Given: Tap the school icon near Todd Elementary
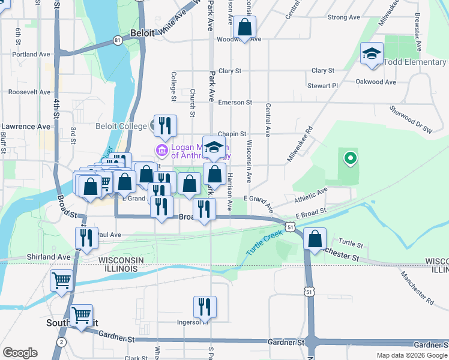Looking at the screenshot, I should coord(372,54).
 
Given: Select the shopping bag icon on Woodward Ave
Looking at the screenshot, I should coord(245,27).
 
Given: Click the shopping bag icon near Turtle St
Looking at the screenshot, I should coord(315,239).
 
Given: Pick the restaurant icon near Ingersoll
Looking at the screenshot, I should coord(205,307).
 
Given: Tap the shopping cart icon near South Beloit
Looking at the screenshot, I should coord(81,315).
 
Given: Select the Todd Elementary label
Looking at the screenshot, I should coord(416,62).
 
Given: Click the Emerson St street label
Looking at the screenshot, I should coord(235,103).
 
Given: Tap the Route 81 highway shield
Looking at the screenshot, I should coord(118,40).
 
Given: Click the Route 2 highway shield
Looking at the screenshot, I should coord(61,341).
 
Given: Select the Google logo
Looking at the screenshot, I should coord(20,353).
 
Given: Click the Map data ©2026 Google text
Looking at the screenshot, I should coord(411,355).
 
